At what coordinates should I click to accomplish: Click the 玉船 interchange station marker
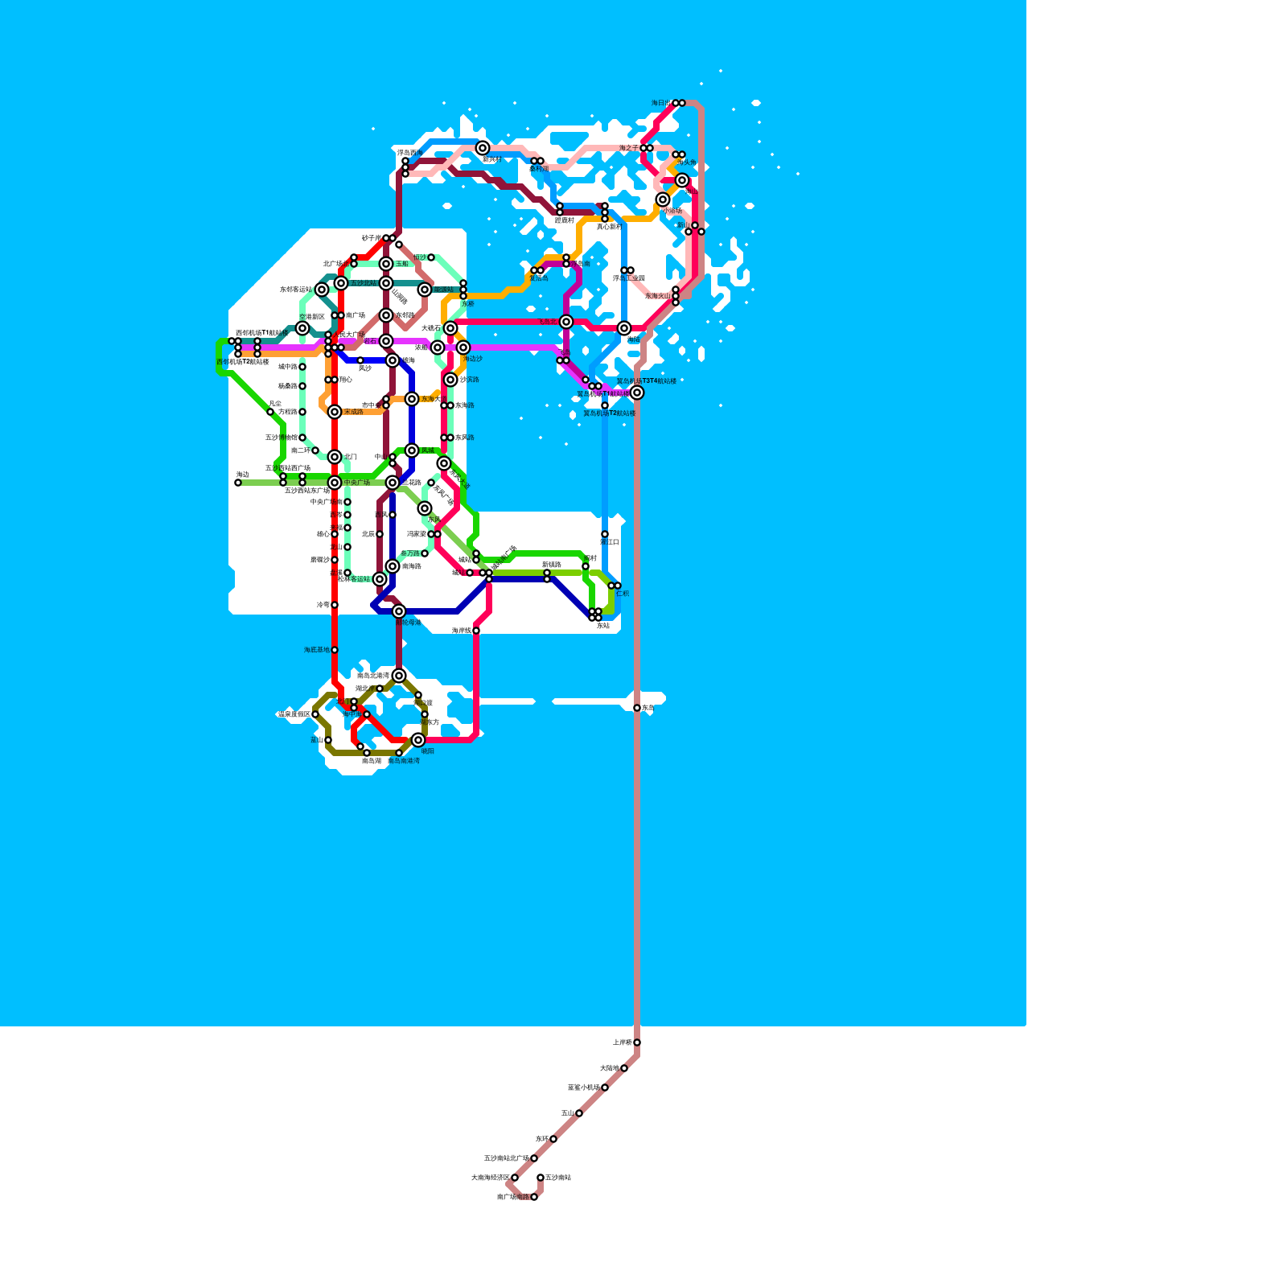point(386,264)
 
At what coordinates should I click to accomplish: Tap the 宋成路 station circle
point(335,412)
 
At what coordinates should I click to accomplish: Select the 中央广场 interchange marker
point(335,483)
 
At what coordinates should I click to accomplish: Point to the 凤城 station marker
point(412,450)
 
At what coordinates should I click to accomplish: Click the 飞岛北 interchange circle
point(566,322)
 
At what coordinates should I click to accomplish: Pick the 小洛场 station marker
point(663,199)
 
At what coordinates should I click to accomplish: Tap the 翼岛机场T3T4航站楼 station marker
point(637,393)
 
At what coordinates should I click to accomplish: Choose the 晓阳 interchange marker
point(418,740)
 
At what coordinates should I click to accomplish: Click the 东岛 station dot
point(637,708)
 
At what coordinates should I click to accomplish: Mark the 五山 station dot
point(579,1113)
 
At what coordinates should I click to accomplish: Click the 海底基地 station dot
point(335,650)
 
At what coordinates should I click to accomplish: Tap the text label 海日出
point(660,103)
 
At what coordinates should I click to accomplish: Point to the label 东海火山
point(657,296)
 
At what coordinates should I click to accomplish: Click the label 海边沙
point(472,359)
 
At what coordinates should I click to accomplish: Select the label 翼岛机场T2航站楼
point(609,413)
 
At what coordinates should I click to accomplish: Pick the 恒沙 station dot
point(431,257)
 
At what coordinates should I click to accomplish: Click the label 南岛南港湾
point(404,761)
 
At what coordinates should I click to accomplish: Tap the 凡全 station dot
point(270,412)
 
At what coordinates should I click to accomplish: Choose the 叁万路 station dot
point(425,553)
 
